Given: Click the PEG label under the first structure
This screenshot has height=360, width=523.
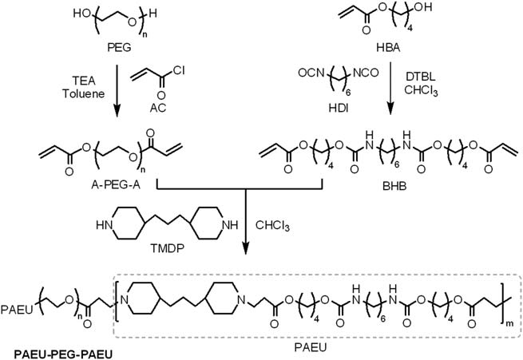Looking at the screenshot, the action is [119, 47].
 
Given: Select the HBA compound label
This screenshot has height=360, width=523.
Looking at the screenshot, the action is [388, 47].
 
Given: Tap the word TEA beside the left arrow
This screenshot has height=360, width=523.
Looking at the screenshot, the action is [84, 81].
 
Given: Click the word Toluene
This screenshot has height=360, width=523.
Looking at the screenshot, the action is [84, 93].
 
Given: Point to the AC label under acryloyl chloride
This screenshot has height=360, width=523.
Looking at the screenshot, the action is [158, 108].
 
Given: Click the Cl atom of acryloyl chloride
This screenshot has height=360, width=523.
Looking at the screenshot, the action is [178, 70].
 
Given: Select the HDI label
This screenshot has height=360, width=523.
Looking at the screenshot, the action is [339, 109].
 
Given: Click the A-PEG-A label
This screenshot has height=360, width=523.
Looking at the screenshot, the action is [116, 184].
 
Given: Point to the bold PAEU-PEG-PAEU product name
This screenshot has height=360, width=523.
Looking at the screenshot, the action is [63, 354].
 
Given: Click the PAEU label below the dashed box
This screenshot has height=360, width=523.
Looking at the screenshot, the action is [311, 348].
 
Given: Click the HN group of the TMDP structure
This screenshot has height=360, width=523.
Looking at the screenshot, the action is [104, 225].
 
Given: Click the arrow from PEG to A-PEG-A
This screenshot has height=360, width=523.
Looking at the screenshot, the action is [117, 91].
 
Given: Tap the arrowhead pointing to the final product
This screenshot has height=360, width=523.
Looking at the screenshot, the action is [246, 248].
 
